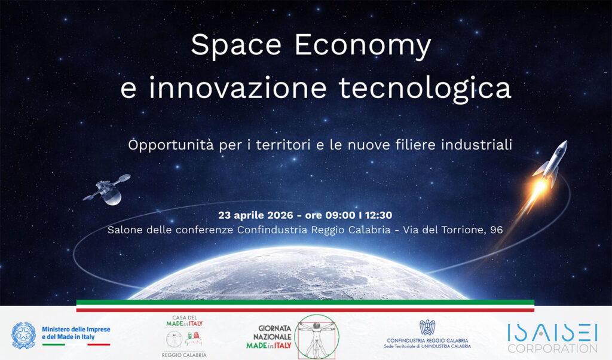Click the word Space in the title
235,45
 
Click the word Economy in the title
363,45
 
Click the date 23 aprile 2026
256,215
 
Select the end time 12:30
378,215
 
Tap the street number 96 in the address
497,230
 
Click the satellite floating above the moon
107,190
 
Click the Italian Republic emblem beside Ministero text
24,335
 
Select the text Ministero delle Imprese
76,330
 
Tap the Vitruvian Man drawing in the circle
317,337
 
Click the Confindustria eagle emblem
427,327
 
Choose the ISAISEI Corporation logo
552,338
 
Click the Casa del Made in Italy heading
185,321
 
